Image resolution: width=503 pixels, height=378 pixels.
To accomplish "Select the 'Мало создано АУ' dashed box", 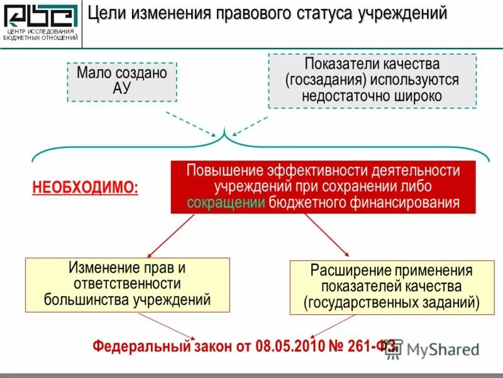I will tap(122, 81).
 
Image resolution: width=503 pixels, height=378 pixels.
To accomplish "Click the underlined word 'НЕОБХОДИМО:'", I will tap(86, 188).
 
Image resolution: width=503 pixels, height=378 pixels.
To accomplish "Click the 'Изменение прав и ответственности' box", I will tap(128, 283).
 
